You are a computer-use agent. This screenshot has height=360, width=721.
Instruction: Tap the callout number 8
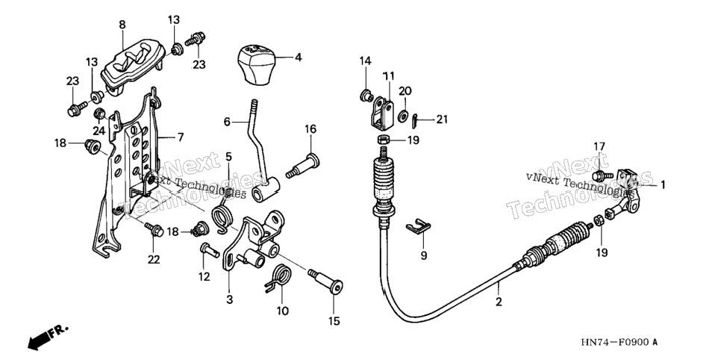[x=122, y=25]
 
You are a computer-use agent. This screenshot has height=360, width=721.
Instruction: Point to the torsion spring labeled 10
[x=278, y=279]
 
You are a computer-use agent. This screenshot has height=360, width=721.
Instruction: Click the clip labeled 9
[x=418, y=227]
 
